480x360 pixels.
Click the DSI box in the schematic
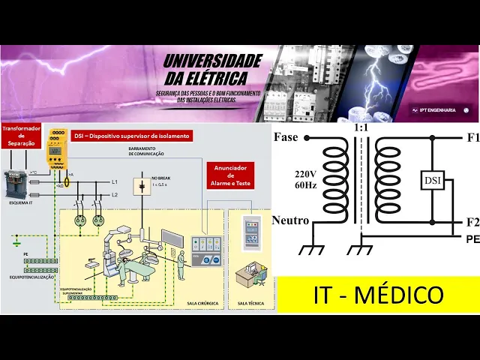[432, 181]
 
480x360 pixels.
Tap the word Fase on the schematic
[287, 138]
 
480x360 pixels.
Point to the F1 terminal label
[472, 138]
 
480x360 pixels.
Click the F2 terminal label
[472, 222]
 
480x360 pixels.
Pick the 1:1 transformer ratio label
[361, 128]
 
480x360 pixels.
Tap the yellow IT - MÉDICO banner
[378, 295]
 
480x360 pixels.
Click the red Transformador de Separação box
[20, 134]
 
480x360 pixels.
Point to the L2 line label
[115, 195]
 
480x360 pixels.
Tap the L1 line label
[115, 182]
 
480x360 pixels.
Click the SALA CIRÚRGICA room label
[202, 304]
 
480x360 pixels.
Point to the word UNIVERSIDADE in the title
[212, 61]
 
